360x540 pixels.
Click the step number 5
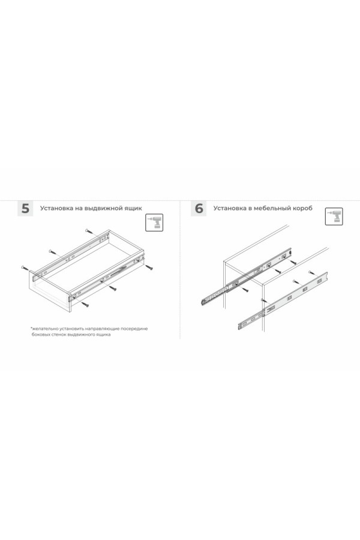click(x=25, y=209)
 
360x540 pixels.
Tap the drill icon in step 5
click(x=155, y=223)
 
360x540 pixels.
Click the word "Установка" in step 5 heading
click(x=58, y=209)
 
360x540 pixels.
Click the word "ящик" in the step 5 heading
click(x=135, y=209)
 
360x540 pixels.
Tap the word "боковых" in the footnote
click(x=41, y=335)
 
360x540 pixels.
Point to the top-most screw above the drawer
click(x=88, y=230)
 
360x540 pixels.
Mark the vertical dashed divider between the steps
click(x=181, y=270)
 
